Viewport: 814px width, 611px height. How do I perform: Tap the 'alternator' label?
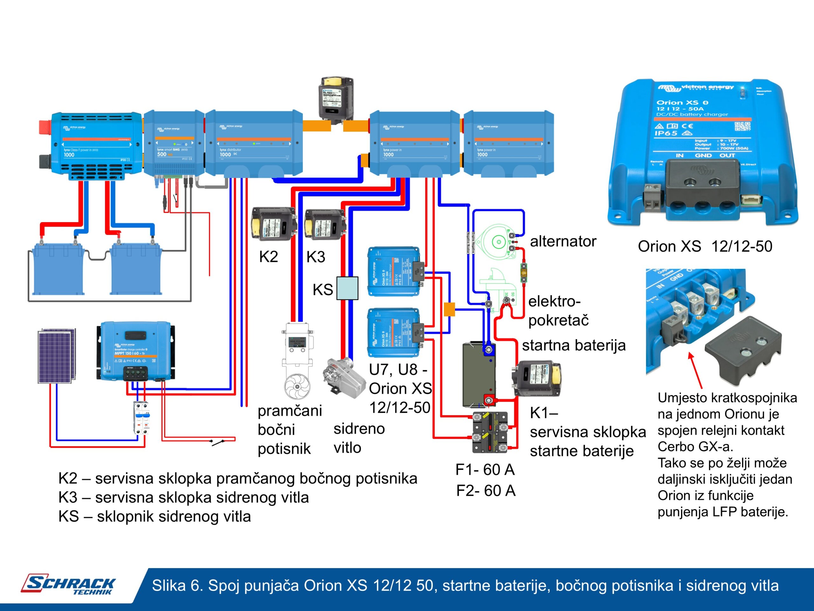[563, 242]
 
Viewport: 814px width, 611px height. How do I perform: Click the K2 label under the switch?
[268, 257]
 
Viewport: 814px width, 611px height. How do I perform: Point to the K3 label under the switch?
[316, 257]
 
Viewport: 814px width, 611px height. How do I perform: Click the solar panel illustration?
[57, 356]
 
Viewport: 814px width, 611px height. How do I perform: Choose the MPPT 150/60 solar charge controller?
[135, 351]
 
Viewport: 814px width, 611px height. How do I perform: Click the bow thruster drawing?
[297, 361]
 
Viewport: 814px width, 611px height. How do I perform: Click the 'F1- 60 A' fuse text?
[485, 470]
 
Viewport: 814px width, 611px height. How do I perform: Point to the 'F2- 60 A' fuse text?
[486, 491]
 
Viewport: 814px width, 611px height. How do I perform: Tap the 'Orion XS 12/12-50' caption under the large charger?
[705, 246]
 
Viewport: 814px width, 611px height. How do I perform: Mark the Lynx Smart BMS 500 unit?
[174, 144]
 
